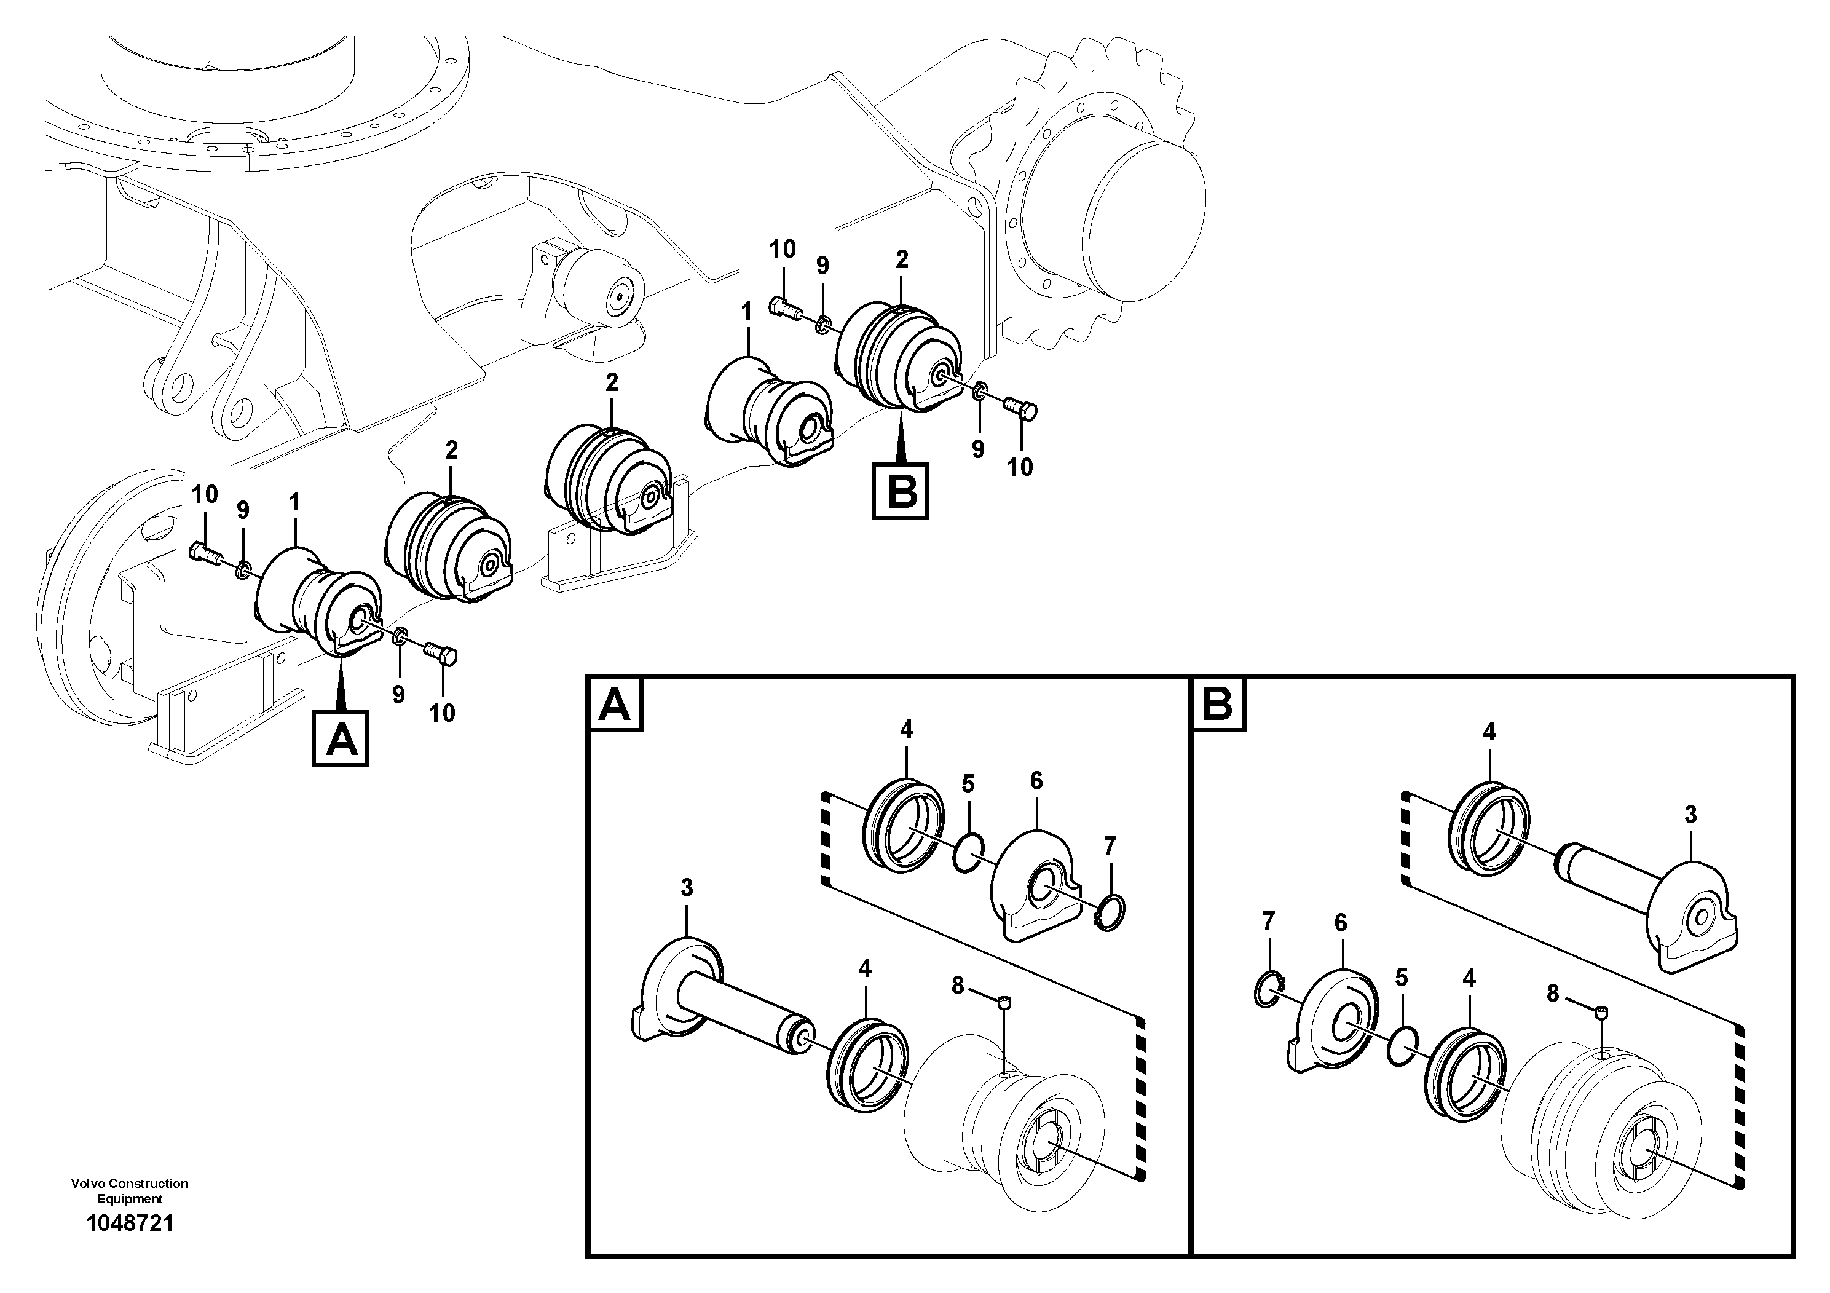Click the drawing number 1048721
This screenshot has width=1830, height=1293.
click(129, 1224)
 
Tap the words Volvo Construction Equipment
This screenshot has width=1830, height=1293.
click(129, 1191)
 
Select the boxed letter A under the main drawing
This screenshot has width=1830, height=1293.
click(341, 740)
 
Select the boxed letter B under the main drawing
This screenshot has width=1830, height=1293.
click(901, 492)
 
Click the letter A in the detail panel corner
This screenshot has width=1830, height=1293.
click(615, 705)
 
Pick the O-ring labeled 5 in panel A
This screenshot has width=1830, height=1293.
click(969, 853)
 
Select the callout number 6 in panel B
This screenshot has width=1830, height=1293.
click(1341, 923)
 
